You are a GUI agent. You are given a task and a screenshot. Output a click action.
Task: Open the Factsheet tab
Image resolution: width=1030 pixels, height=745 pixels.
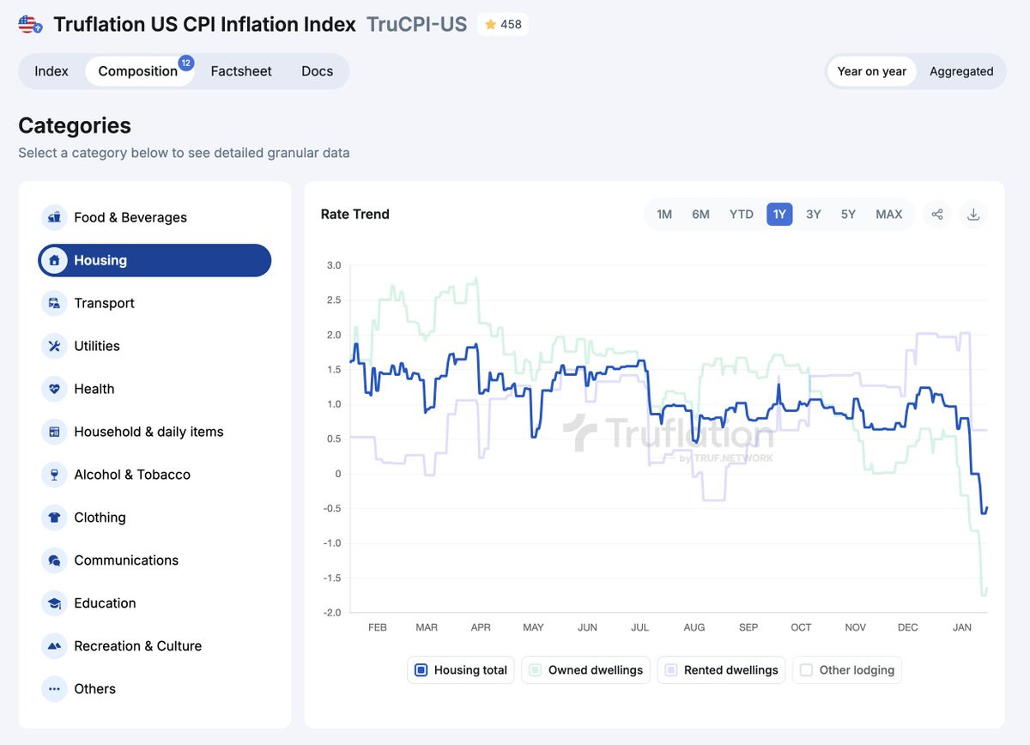[x=241, y=71]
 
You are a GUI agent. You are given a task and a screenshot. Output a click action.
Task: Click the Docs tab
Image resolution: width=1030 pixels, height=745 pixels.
[x=317, y=71]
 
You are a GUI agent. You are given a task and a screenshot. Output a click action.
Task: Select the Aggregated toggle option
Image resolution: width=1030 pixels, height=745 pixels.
[x=960, y=71]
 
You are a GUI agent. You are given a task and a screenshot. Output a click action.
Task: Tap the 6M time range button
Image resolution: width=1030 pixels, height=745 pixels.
[x=700, y=215]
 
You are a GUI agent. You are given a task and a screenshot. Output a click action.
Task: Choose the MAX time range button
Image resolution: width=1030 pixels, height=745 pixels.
[x=888, y=215]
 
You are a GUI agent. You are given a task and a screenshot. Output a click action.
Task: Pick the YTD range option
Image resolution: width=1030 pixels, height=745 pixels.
[x=741, y=215]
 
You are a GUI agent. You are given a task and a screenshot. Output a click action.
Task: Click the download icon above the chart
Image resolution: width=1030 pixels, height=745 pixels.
[x=973, y=215]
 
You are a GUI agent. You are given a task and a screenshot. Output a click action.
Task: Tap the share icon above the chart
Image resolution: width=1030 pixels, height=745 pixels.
[x=937, y=215]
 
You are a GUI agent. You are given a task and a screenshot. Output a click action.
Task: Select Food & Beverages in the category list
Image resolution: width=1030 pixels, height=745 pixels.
[x=130, y=218]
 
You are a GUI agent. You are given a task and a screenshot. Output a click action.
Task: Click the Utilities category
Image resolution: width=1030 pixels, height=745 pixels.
[x=96, y=346]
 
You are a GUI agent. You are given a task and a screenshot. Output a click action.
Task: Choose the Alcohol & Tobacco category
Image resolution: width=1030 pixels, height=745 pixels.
[x=132, y=475]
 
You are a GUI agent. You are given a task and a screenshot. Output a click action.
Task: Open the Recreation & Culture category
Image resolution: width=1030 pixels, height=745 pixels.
[x=137, y=646]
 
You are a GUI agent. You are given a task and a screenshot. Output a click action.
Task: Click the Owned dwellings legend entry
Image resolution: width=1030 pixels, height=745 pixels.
[x=586, y=670]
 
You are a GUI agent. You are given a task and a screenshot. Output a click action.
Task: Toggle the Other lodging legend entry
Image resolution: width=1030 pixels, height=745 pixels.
[x=847, y=670]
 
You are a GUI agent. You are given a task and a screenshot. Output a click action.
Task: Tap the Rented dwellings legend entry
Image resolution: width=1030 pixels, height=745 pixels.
[x=721, y=670]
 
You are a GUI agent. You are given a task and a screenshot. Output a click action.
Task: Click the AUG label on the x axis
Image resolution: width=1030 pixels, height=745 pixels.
[x=694, y=627]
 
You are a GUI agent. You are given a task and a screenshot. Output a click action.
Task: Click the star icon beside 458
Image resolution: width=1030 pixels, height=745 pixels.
[x=491, y=25]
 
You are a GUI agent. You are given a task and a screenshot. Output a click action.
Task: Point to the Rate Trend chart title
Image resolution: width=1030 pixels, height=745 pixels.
[x=354, y=215]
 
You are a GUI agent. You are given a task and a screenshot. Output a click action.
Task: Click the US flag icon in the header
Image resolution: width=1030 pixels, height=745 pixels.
[x=30, y=25]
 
